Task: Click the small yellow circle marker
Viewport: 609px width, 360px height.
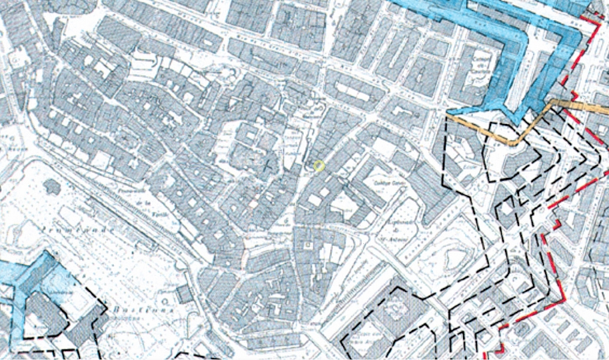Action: (319, 165)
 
